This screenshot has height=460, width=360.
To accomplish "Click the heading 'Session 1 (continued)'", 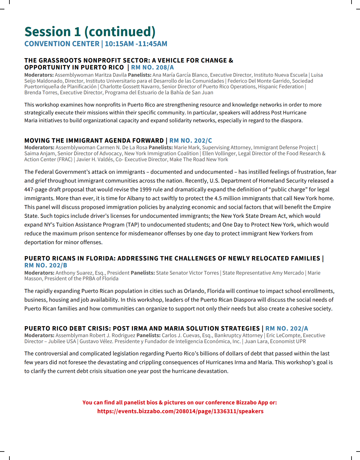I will click(x=90, y=32).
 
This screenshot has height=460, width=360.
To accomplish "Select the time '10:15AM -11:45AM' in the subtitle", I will click(x=136, y=44).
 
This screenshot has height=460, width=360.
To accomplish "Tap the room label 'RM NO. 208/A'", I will click(x=152, y=68).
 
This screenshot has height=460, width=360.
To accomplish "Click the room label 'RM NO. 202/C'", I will click(x=191, y=141).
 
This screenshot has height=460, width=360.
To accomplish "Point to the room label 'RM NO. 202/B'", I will click(x=46, y=266).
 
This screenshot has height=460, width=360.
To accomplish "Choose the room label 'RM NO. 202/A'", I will click(x=286, y=329).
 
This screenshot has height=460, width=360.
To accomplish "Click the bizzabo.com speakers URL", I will click(x=180, y=411).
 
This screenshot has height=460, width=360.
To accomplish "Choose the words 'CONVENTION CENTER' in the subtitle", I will click(x=62, y=44).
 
